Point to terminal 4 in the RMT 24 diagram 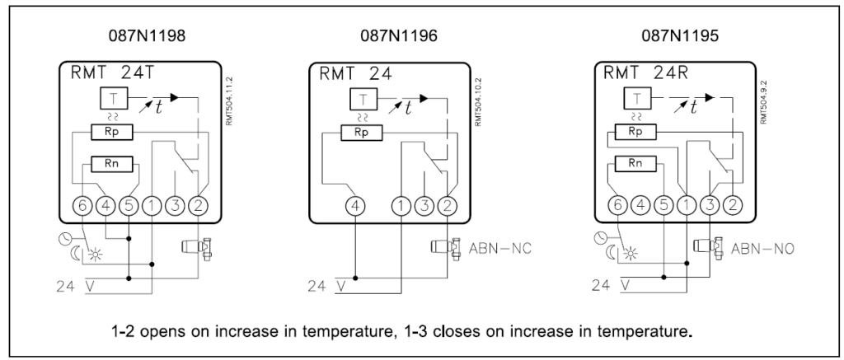355,204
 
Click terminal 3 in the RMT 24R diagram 709,204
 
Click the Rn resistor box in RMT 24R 635,163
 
